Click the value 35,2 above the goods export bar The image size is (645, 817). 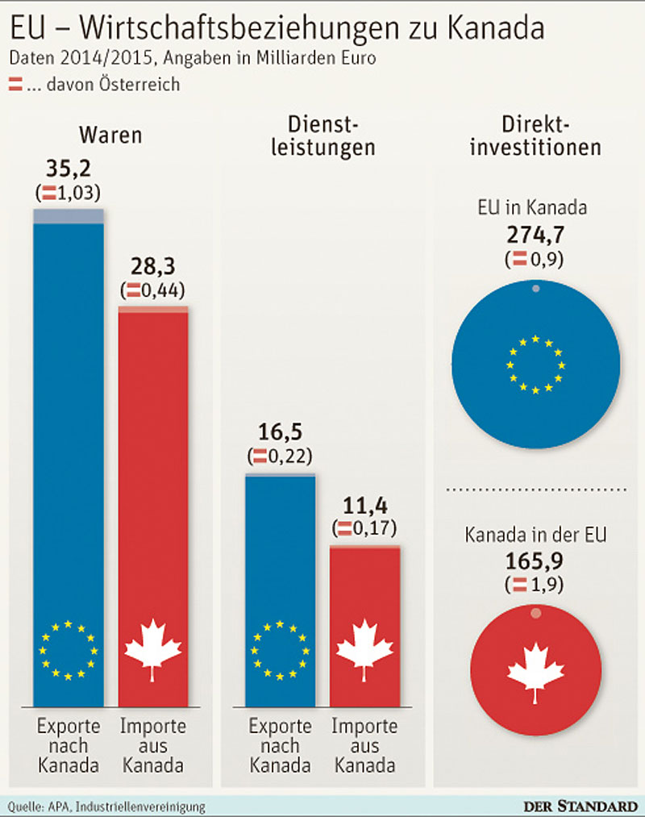click(x=68, y=170)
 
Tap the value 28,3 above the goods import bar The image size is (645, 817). click(x=153, y=267)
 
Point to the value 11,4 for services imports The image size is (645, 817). click(x=365, y=506)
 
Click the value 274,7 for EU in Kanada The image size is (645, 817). click(x=536, y=235)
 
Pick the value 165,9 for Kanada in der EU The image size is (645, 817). click(x=536, y=558)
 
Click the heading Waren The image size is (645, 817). click(x=110, y=135)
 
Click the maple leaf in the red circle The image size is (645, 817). click(x=535, y=670)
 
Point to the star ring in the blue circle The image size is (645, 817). click(x=535, y=365)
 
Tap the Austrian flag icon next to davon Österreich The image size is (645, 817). click(x=15, y=83)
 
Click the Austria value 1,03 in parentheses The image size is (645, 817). click(x=76, y=192)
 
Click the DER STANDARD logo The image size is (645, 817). click(x=576, y=805)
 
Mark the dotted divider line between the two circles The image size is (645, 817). click(x=536, y=490)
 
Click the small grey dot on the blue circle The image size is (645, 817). click(x=535, y=289)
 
